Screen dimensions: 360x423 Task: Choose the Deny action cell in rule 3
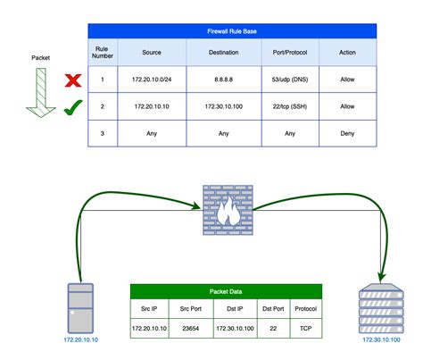347,133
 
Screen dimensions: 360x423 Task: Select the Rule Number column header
103,52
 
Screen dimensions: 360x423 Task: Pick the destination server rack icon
381,308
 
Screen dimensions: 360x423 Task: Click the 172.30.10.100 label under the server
381,339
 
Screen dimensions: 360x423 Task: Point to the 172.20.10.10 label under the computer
80,339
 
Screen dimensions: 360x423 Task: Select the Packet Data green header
227,290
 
